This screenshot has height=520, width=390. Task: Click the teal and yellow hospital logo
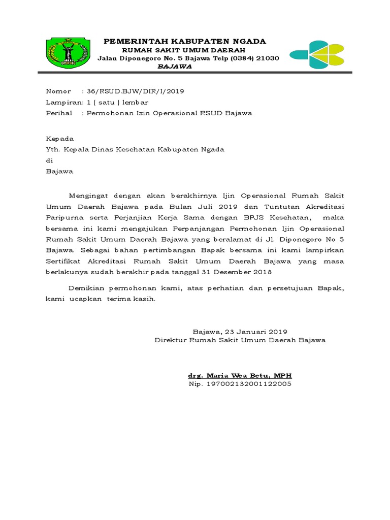point(315,54)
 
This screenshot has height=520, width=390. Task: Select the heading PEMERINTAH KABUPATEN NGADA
point(185,41)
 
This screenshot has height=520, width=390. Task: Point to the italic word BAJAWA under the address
point(174,67)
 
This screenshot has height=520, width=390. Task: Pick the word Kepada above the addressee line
point(59,139)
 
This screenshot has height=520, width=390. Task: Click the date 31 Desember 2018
point(237,272)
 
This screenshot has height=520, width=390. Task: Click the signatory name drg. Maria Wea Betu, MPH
point(240,375)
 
